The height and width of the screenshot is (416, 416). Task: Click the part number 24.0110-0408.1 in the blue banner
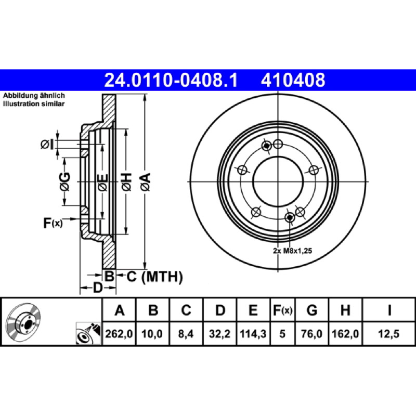(171, 80)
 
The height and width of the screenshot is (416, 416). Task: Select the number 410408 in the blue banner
(293, 80)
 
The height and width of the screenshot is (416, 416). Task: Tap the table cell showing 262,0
(119, 334)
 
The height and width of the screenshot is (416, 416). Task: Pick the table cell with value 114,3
(253, 334)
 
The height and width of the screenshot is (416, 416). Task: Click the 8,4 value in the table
(186, 334)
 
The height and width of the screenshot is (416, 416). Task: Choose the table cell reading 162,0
(345, 334)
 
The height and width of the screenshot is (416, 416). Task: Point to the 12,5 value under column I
(388, 334)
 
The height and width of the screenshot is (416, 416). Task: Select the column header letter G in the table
(311, 310)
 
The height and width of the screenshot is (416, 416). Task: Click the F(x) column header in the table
(282, 310)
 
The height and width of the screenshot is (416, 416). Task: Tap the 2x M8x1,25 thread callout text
(292, 251)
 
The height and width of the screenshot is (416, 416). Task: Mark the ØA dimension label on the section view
(146, 181)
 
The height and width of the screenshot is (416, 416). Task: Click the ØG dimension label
(65, 181)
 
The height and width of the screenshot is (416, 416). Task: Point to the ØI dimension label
(47, 145)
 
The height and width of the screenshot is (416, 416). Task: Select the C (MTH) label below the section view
(154, 277)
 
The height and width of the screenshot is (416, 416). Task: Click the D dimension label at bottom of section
(98, 288)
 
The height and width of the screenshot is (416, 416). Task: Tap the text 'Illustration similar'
(34, 103)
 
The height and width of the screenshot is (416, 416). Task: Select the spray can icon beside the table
(88, 333)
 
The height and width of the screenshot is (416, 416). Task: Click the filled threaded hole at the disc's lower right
(290, 217)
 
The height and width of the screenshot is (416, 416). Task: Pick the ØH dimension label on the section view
(126, 181)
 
